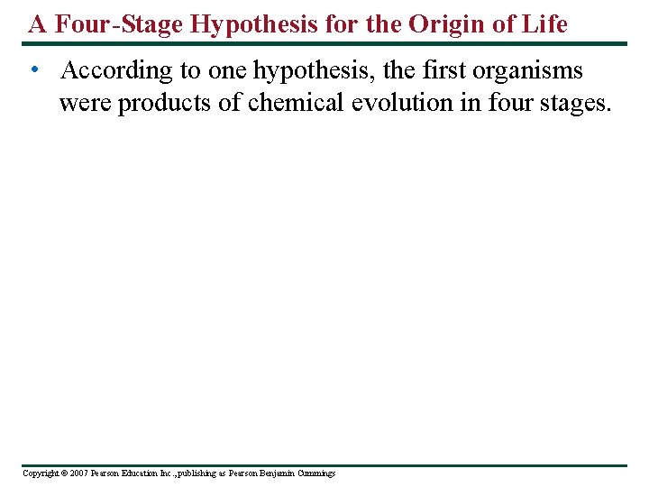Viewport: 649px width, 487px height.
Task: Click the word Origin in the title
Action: (446, 24)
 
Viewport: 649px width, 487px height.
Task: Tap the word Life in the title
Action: (546, 24)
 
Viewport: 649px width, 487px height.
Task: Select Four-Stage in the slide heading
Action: (121, 24)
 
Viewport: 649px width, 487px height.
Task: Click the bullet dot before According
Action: (32, 70)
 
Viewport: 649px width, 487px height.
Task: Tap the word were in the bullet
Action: (86, 103)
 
